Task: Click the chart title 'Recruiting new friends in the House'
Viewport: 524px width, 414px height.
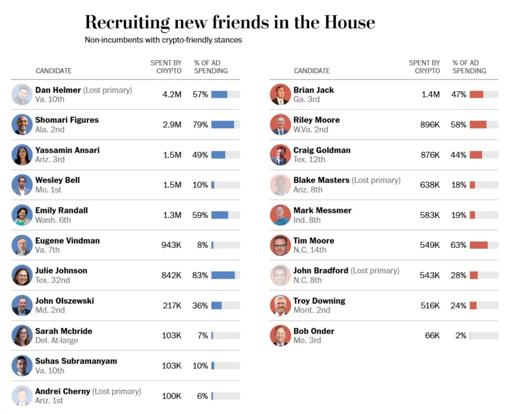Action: coord(229,22)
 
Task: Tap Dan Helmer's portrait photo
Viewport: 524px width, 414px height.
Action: coord(22,95)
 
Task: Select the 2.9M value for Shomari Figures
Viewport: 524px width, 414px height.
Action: coord(172,125)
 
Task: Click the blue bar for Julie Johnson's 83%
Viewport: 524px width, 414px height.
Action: coord(223,275)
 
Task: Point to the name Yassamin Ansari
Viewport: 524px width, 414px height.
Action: coord(67,150)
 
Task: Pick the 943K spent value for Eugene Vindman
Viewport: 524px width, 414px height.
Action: coord(171,245)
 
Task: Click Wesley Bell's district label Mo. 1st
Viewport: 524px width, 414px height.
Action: coord(48,190)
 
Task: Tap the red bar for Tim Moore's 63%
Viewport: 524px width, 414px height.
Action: coord(478,245)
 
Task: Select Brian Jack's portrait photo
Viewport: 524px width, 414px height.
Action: coord(280,95)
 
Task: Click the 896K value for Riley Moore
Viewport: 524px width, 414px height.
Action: coord(430,125)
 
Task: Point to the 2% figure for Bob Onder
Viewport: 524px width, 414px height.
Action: coord(460,335)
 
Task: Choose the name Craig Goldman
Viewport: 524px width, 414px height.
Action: coord(322,150)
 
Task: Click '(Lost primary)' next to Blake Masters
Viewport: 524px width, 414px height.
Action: coord(376,180)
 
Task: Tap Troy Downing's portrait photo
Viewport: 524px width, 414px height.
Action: coord(280,305)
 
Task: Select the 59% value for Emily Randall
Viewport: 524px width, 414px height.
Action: coord(200,215)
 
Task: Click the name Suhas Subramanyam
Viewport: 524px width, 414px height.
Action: coord(76,361)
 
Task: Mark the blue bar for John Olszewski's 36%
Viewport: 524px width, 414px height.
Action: coord(216,305)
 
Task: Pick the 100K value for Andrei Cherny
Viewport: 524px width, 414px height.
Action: coord(172,396)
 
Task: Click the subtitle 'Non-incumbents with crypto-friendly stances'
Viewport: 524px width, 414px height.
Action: coord(163,40)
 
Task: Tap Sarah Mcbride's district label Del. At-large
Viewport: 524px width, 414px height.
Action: coord(56,340)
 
